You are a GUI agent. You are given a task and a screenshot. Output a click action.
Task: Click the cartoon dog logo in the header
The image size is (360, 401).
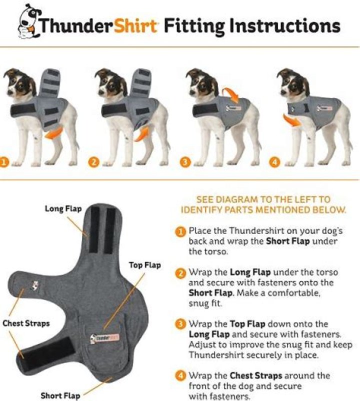[x=28, y=21]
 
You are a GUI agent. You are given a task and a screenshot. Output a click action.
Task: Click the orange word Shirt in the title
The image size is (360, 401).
[x=135, y=25]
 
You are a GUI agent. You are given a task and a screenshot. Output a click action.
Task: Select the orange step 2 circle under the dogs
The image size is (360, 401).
[x=93, y=162]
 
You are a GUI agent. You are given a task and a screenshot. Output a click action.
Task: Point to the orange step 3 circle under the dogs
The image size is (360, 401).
[x=185, y=162]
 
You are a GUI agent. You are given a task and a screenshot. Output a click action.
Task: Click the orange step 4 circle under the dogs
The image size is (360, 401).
[x=274, y=162]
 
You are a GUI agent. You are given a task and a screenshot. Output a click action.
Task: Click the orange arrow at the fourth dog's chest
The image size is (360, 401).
[x=292, y=120]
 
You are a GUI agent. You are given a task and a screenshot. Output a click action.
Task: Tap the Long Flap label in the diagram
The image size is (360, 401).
[x=63, y=208]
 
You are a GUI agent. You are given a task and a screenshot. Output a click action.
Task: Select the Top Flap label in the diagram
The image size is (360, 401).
[x=144, y=265]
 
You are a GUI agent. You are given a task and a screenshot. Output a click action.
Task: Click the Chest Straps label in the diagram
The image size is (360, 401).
[x=26, y=323]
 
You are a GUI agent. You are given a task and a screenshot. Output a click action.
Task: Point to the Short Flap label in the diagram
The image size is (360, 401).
[x=60, y=395]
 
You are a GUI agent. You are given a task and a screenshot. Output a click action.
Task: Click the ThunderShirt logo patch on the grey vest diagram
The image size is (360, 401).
[x=105, y=338]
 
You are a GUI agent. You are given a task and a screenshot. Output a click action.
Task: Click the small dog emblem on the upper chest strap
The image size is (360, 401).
[x=34, y=285]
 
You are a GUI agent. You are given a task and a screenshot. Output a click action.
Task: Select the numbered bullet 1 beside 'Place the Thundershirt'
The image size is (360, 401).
[x=180, y=231]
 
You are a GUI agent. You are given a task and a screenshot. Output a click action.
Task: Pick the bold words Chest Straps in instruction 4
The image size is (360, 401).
[x=256, y=375]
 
